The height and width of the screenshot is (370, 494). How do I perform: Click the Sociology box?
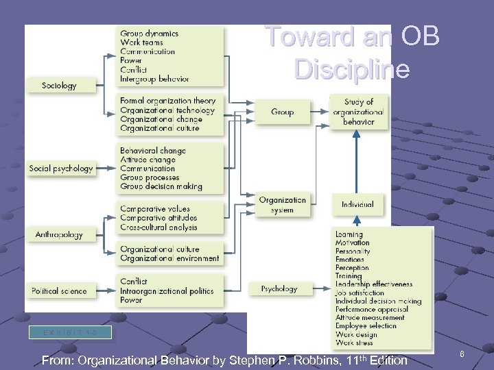pyautogui.click(x=59, y=86)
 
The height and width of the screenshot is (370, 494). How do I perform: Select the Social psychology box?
pyautogui.click(x=61, y=169)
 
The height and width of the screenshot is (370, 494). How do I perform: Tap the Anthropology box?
pyautogui.click(x=59, y=235)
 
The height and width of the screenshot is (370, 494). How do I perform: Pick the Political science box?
pyautogui.click(x=59, y=291)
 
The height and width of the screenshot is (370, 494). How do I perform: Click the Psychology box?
pyautogui.click(x=279, y=289)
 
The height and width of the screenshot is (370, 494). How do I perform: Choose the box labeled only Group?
pyautogui.click(x=282, y=112)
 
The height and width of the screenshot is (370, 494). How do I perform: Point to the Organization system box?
pyautogui.click(x=282, y=205)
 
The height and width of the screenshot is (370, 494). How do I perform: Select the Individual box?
pyautogui.click(x=357, y=204)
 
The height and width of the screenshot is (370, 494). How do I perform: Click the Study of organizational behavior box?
pyautogui.click(x=358, y=112)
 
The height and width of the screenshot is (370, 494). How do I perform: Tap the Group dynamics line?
pyautogui.click(x=149, y=34)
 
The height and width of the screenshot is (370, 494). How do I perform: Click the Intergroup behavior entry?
pyautogui.click(x=154, y=79)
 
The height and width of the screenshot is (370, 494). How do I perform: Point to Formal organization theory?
pyautogui.click(x=167, y=101)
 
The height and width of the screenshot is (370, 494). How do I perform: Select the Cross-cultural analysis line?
pyautogui.click(x=158, y=227)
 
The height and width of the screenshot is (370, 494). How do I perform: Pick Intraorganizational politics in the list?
pyautogui.click(x=167, y=291)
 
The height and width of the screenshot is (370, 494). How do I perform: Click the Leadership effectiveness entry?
pyautogui.click(x=374, y=284)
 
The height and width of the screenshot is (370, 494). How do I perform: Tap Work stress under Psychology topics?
pyautogui.click(x=355, y=343)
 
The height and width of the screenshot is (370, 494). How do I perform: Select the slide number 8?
pyautogui.click(x=462, y=354)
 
